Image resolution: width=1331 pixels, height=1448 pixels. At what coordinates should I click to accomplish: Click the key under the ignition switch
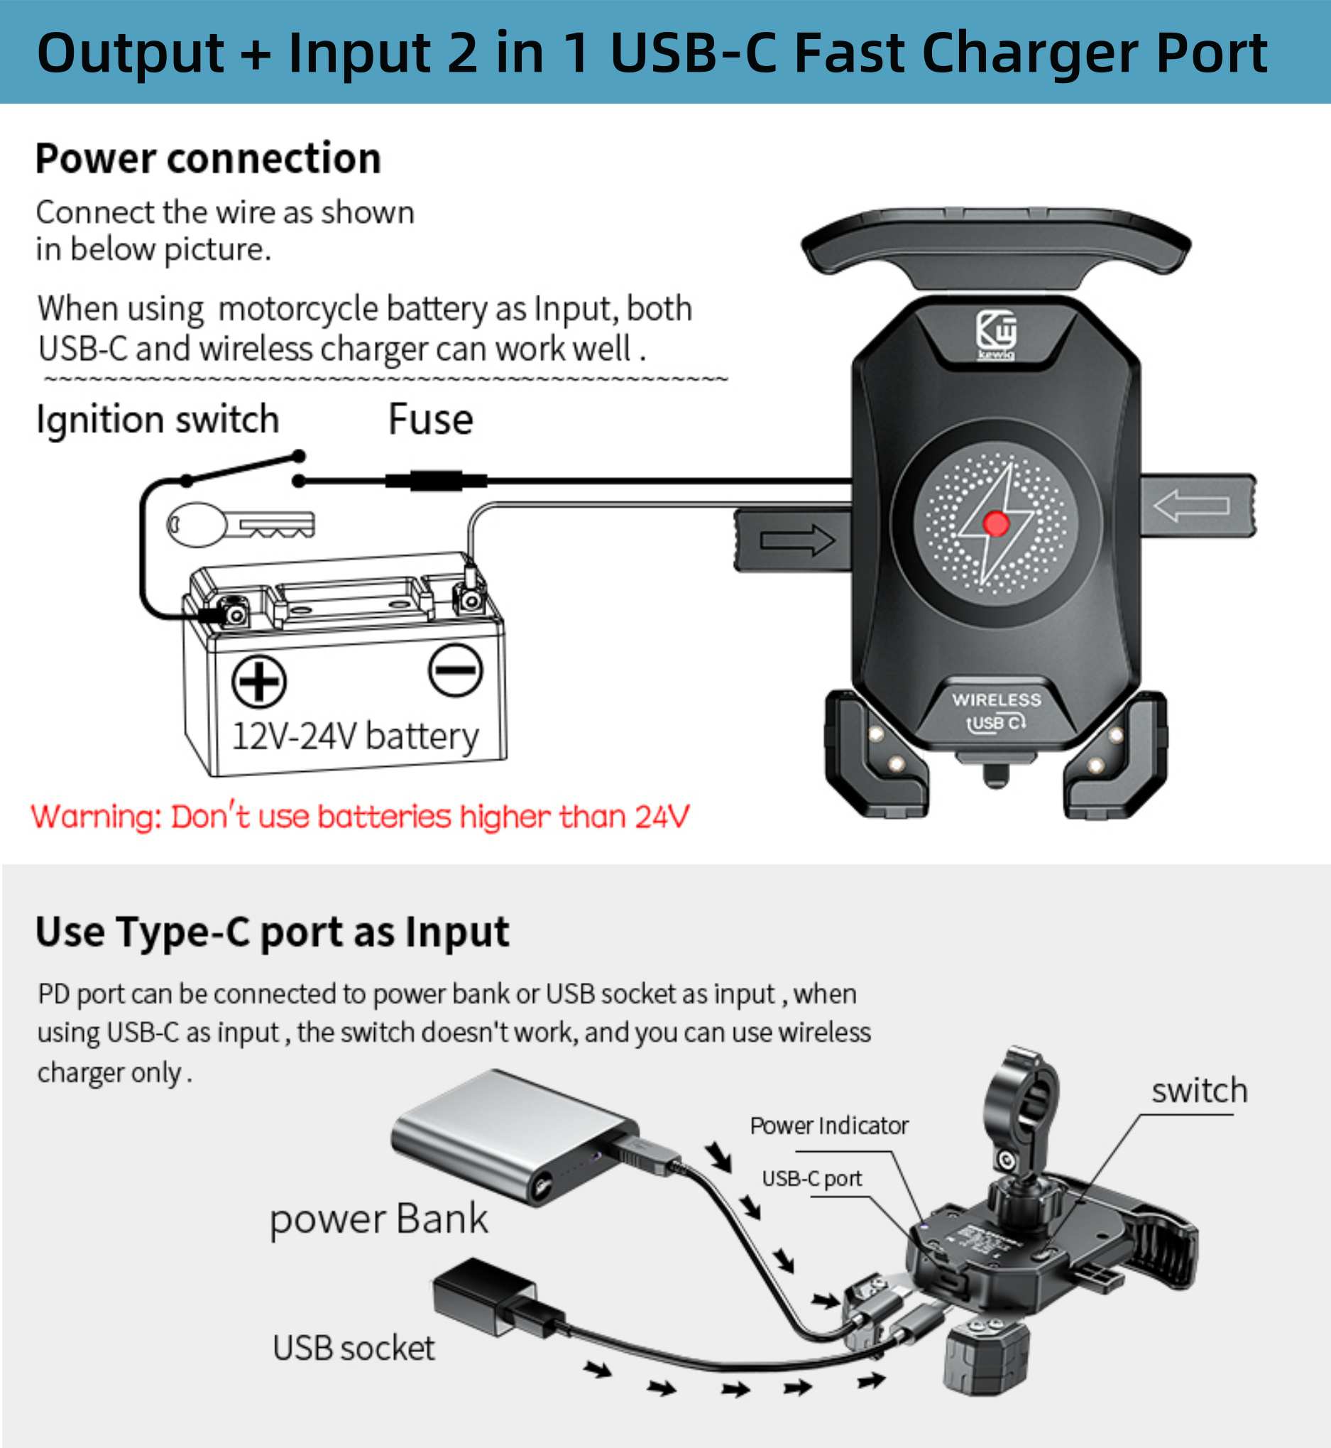tap(241, 523)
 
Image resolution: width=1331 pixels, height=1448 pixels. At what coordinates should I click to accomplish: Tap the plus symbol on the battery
tap(259, 681)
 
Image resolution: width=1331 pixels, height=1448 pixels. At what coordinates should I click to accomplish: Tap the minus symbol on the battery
tap(455, 670)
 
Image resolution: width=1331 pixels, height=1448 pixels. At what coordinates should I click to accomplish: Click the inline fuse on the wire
tap(436, 481)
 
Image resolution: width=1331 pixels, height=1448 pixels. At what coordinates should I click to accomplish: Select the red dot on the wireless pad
tap(996, 523)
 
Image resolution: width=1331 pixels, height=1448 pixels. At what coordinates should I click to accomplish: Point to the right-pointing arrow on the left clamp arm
tap(797, 540)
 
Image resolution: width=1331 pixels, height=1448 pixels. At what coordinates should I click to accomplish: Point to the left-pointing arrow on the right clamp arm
tap(1191, 505)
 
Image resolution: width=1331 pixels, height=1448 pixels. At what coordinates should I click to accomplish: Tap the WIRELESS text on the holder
tap(996, 699)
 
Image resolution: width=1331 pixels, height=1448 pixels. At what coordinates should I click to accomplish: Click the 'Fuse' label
tap(431, 419)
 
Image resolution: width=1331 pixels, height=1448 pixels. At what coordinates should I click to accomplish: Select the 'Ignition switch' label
tap(158, 419)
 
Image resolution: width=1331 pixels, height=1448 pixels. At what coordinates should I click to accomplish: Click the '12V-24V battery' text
tap(355, 736)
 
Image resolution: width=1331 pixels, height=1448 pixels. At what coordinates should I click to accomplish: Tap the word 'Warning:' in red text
tap(97, 817)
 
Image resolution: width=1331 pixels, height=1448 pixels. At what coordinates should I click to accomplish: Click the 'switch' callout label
tap(1199, 1091)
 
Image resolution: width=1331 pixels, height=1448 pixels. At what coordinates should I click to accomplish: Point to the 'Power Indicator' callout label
tap(829, 1126)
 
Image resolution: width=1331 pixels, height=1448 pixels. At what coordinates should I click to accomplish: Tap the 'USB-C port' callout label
tap(811, 1179)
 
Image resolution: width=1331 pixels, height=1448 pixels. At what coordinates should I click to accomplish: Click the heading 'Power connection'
tap(208, 158)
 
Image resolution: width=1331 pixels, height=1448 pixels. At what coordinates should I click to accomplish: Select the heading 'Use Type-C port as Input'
tap(273, 932)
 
